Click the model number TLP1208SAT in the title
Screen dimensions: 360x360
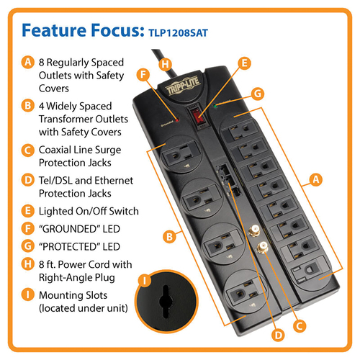[178, 33]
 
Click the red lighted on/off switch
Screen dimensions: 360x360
[197, 115]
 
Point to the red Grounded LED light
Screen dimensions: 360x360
[177, 120]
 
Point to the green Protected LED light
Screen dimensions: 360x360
[216, 106]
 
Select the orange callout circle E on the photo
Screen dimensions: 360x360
[244, 63]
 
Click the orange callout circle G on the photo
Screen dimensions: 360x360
[258, 94]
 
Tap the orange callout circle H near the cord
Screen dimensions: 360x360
[165, 64]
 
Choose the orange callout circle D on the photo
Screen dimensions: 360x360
[278, 335]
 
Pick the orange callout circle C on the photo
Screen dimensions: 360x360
[300, 326]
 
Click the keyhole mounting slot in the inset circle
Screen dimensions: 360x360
[166, 301]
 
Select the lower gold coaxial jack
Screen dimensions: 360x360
[263, 248]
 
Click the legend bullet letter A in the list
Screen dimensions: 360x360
[28, 62]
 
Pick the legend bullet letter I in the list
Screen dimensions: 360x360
[28, 294]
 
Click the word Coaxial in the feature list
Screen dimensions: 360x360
[55, 150]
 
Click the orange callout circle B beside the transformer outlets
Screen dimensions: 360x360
[170, 237]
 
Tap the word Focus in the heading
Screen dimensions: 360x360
[117, 30]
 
